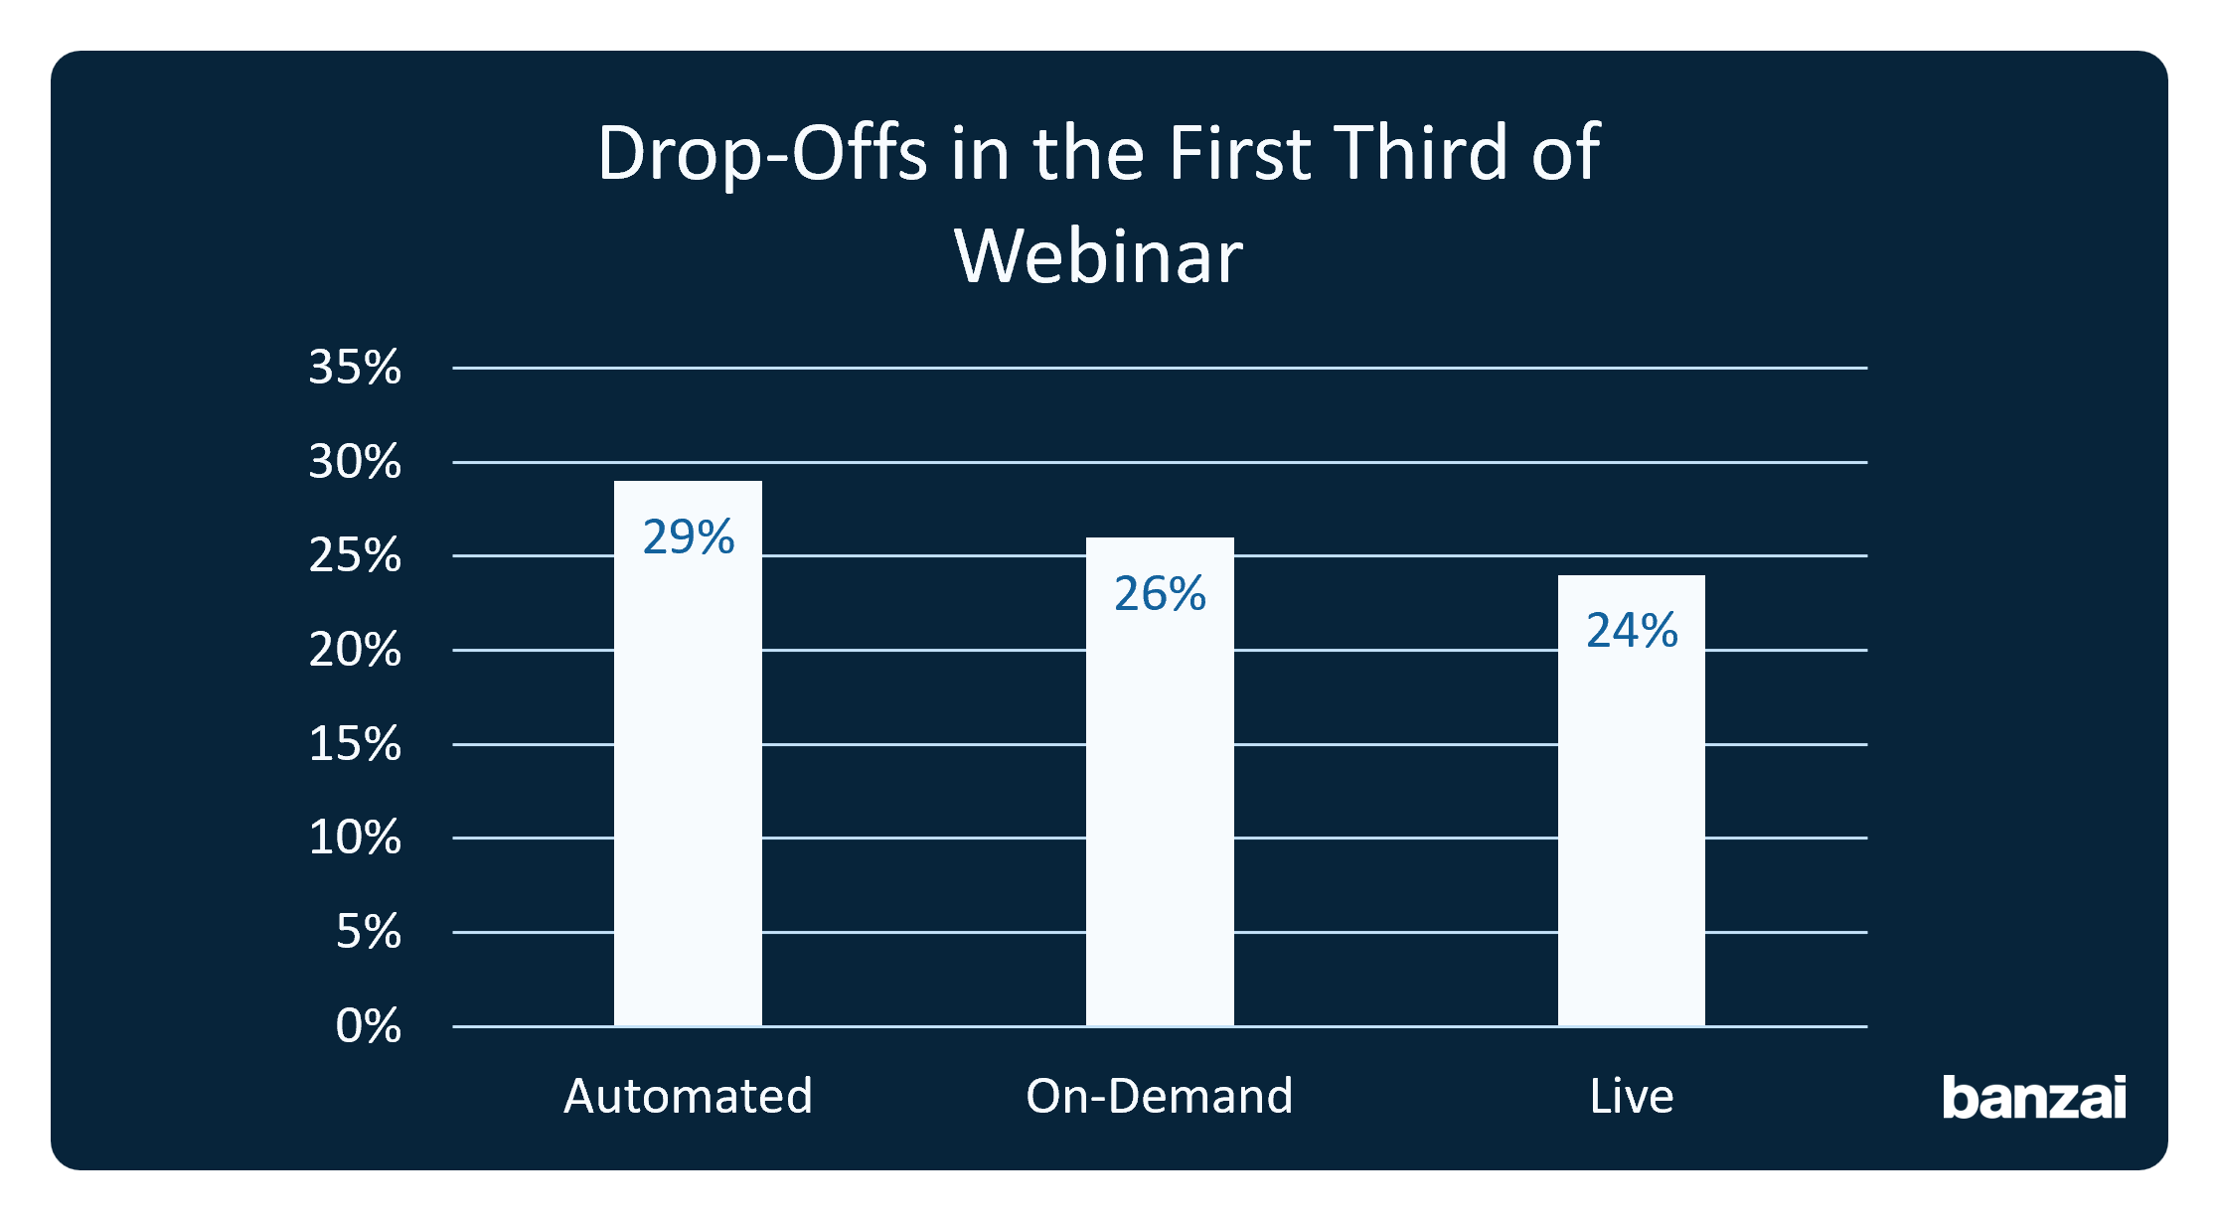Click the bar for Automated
688,753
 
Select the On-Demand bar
1160,782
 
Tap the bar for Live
1632,801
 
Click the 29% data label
689,537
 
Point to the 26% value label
1160,594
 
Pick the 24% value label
1632,631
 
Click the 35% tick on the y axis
355,368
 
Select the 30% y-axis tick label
355,462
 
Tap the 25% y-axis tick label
355,555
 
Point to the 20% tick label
355,650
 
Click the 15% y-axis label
355,744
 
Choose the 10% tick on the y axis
355,838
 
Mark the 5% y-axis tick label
369,932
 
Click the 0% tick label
369,1026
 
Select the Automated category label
688,1097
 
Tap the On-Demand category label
1160,1097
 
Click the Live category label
1632,1097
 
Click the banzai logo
2034,1097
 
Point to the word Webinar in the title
1098,256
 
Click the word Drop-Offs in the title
762,153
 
